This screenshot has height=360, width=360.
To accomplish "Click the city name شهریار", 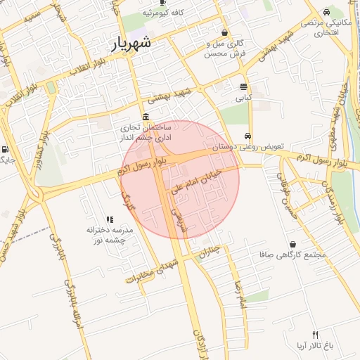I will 131,44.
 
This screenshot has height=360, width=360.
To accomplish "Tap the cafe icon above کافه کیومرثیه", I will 163,3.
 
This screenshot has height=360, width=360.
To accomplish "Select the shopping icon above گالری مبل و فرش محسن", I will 224,32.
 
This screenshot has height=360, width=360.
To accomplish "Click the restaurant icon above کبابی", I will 243,87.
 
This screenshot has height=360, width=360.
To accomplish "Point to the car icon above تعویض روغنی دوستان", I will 247,136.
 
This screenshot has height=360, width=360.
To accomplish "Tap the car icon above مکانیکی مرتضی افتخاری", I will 327,13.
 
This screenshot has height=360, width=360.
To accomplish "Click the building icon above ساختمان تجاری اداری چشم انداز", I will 145,117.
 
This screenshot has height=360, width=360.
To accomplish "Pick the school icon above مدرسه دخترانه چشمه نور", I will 109,220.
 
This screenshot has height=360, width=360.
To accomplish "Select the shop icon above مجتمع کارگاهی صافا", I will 292,245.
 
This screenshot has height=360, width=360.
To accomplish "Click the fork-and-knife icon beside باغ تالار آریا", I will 316,335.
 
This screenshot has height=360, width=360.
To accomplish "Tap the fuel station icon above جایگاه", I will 6,149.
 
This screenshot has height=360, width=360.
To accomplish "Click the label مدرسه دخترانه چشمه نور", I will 109,235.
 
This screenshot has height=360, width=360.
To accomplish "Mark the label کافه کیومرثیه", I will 163,13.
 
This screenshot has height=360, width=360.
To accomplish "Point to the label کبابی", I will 243,98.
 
